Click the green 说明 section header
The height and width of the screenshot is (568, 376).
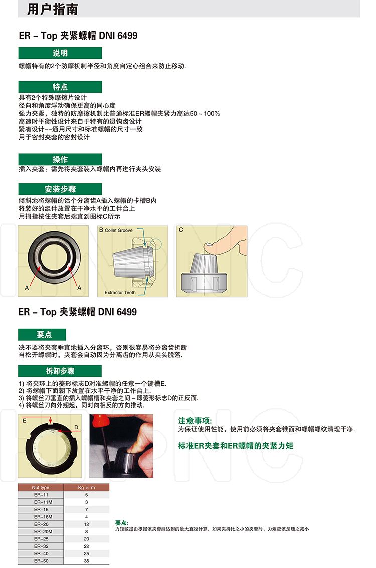point(60,53)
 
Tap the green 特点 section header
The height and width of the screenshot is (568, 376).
point(60,87)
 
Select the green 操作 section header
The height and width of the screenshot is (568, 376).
point(60,159)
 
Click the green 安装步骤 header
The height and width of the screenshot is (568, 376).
point(60,189)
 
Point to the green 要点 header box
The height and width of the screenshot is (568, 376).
point(42,334)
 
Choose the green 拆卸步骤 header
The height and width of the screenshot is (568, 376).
point(60,371)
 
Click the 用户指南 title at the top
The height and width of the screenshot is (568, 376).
point(53,9)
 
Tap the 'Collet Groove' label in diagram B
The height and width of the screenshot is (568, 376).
point(118,230)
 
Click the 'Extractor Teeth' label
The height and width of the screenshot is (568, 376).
point(120,293)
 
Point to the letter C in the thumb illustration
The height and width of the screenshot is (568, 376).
point(181,230)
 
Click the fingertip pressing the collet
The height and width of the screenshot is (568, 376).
point(209,248)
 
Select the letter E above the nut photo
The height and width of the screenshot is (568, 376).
point(24,421)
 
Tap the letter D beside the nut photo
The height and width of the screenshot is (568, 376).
point(76,427)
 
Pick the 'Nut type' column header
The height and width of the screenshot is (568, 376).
point(40,487)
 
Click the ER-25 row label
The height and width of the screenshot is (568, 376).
point(41,539)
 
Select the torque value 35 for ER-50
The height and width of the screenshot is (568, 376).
point(86,561)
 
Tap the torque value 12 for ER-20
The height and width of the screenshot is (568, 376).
point(86,524)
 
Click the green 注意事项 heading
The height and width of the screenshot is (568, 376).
point(195,421)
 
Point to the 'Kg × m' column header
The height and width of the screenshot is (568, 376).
point(86,487)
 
